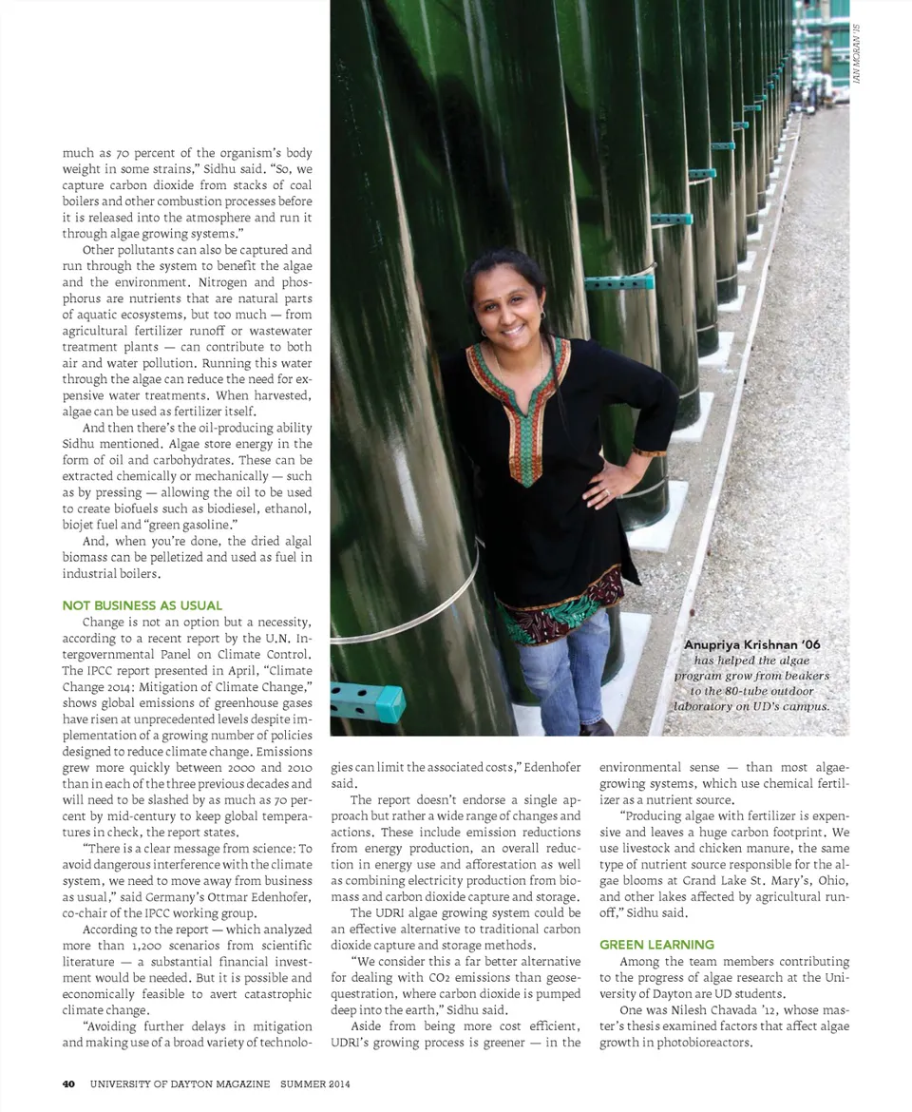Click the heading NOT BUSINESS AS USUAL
(142, 605)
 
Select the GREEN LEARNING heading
(656, 945)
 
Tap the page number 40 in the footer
(68, 1083)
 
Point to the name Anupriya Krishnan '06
(751, 644)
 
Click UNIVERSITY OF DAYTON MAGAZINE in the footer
(180, 1083)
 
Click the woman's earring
(483, 333)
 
